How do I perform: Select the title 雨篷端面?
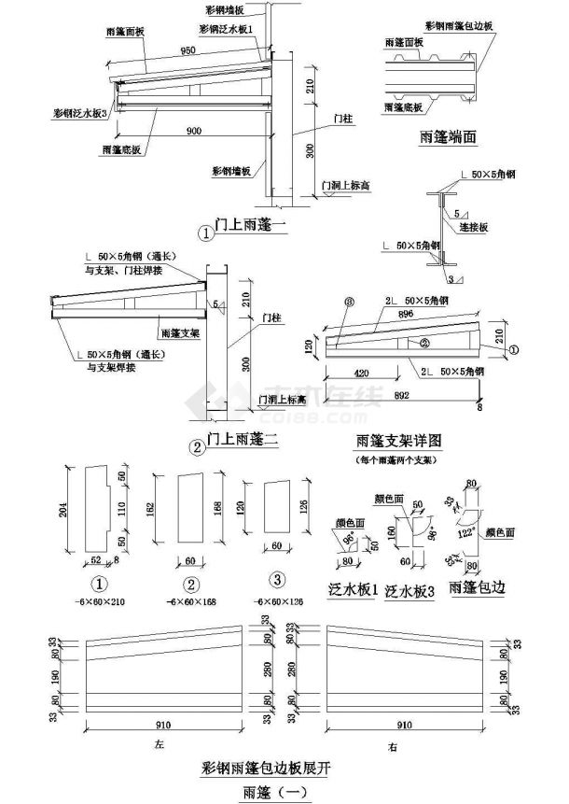point(448,137)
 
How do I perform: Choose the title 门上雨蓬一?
point(245,227)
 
